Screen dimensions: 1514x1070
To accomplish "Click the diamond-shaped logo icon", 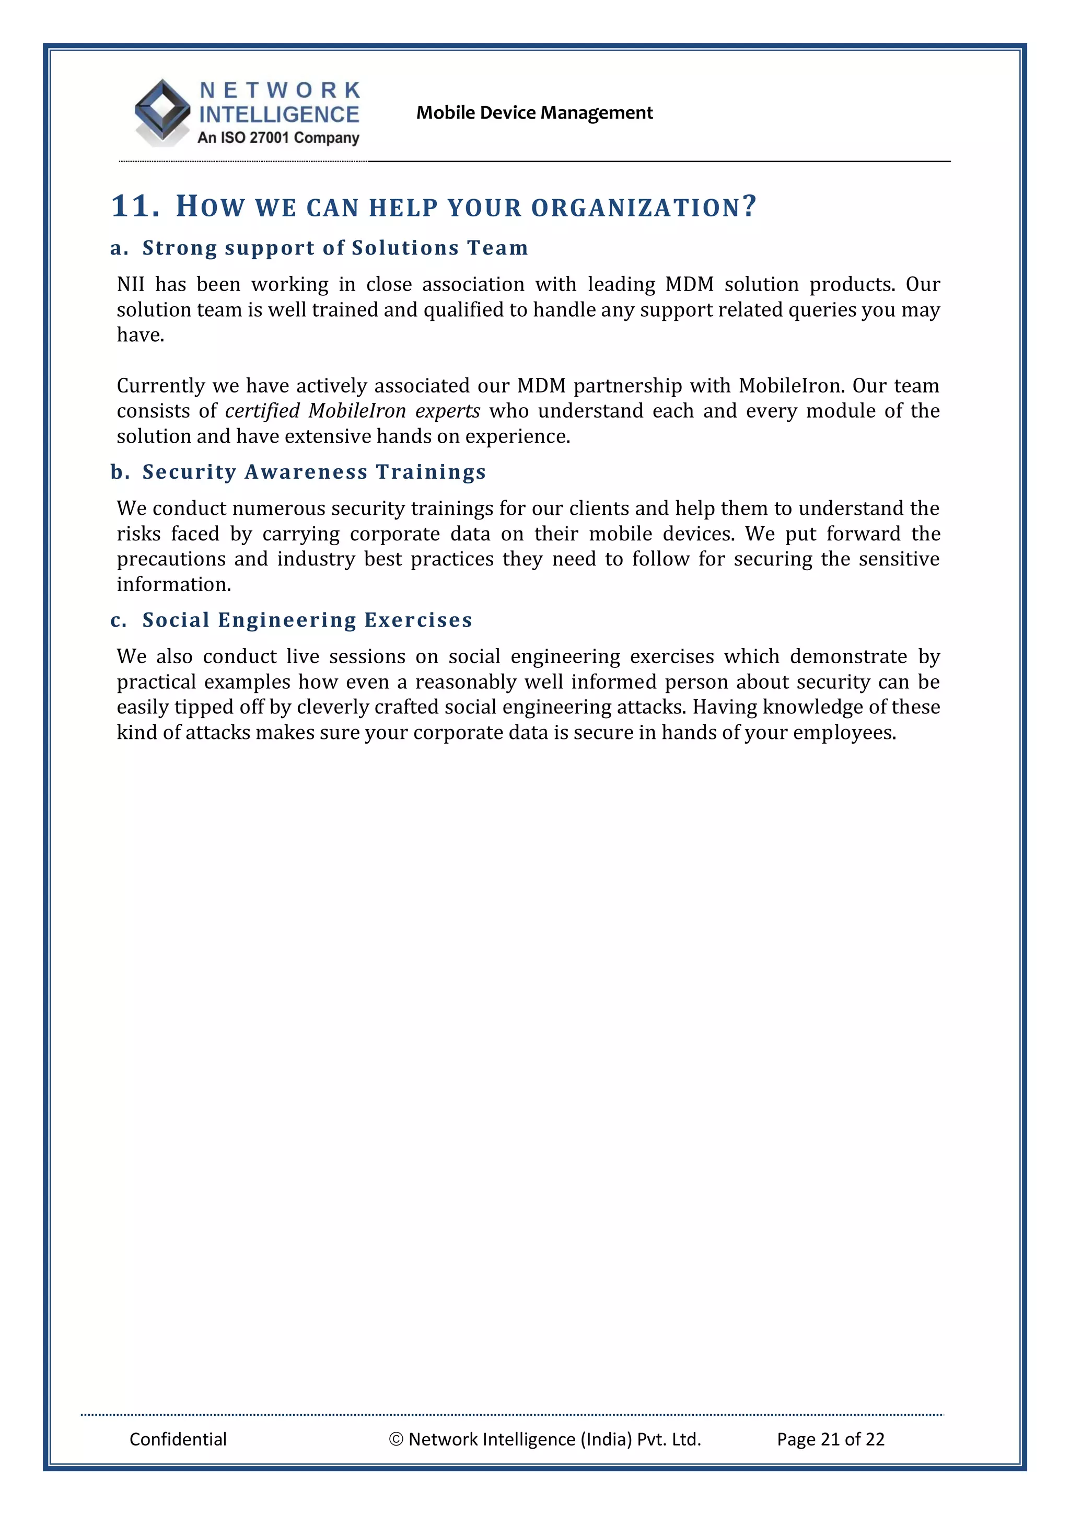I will pyautogui.click(x=162, y=111).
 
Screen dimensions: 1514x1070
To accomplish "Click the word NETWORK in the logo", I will pyautogui.click(x=280, y=90).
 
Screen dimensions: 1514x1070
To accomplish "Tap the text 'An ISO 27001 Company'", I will pyautogui.click(x=278, y=138).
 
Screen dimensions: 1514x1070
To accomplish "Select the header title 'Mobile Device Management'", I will pyautogui.click(x=534, y=113).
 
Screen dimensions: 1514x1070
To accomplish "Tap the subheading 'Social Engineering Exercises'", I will pyautogui.click(x=307, y=620).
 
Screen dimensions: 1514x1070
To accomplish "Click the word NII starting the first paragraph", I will pyautogui.click(x=131, y=284).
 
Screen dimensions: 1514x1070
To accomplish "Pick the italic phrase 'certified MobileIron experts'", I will pyautogui.click(x=352, y=411).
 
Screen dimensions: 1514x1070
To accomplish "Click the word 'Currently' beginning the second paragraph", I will pyautogui.click(x=161, y=386).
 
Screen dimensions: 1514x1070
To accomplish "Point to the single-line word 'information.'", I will pyautogui.click(x=173, y=584).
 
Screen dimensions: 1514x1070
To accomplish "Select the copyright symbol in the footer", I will pyautogui.click(x=396, y=1439).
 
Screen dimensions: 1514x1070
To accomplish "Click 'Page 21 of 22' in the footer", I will pyautogui.click(x=830, y=1439).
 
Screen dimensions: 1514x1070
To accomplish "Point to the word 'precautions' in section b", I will pyautogui.click(x=171, y=559).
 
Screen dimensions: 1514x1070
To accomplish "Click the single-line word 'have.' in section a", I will pyautogui.click(x=140, y=335).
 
